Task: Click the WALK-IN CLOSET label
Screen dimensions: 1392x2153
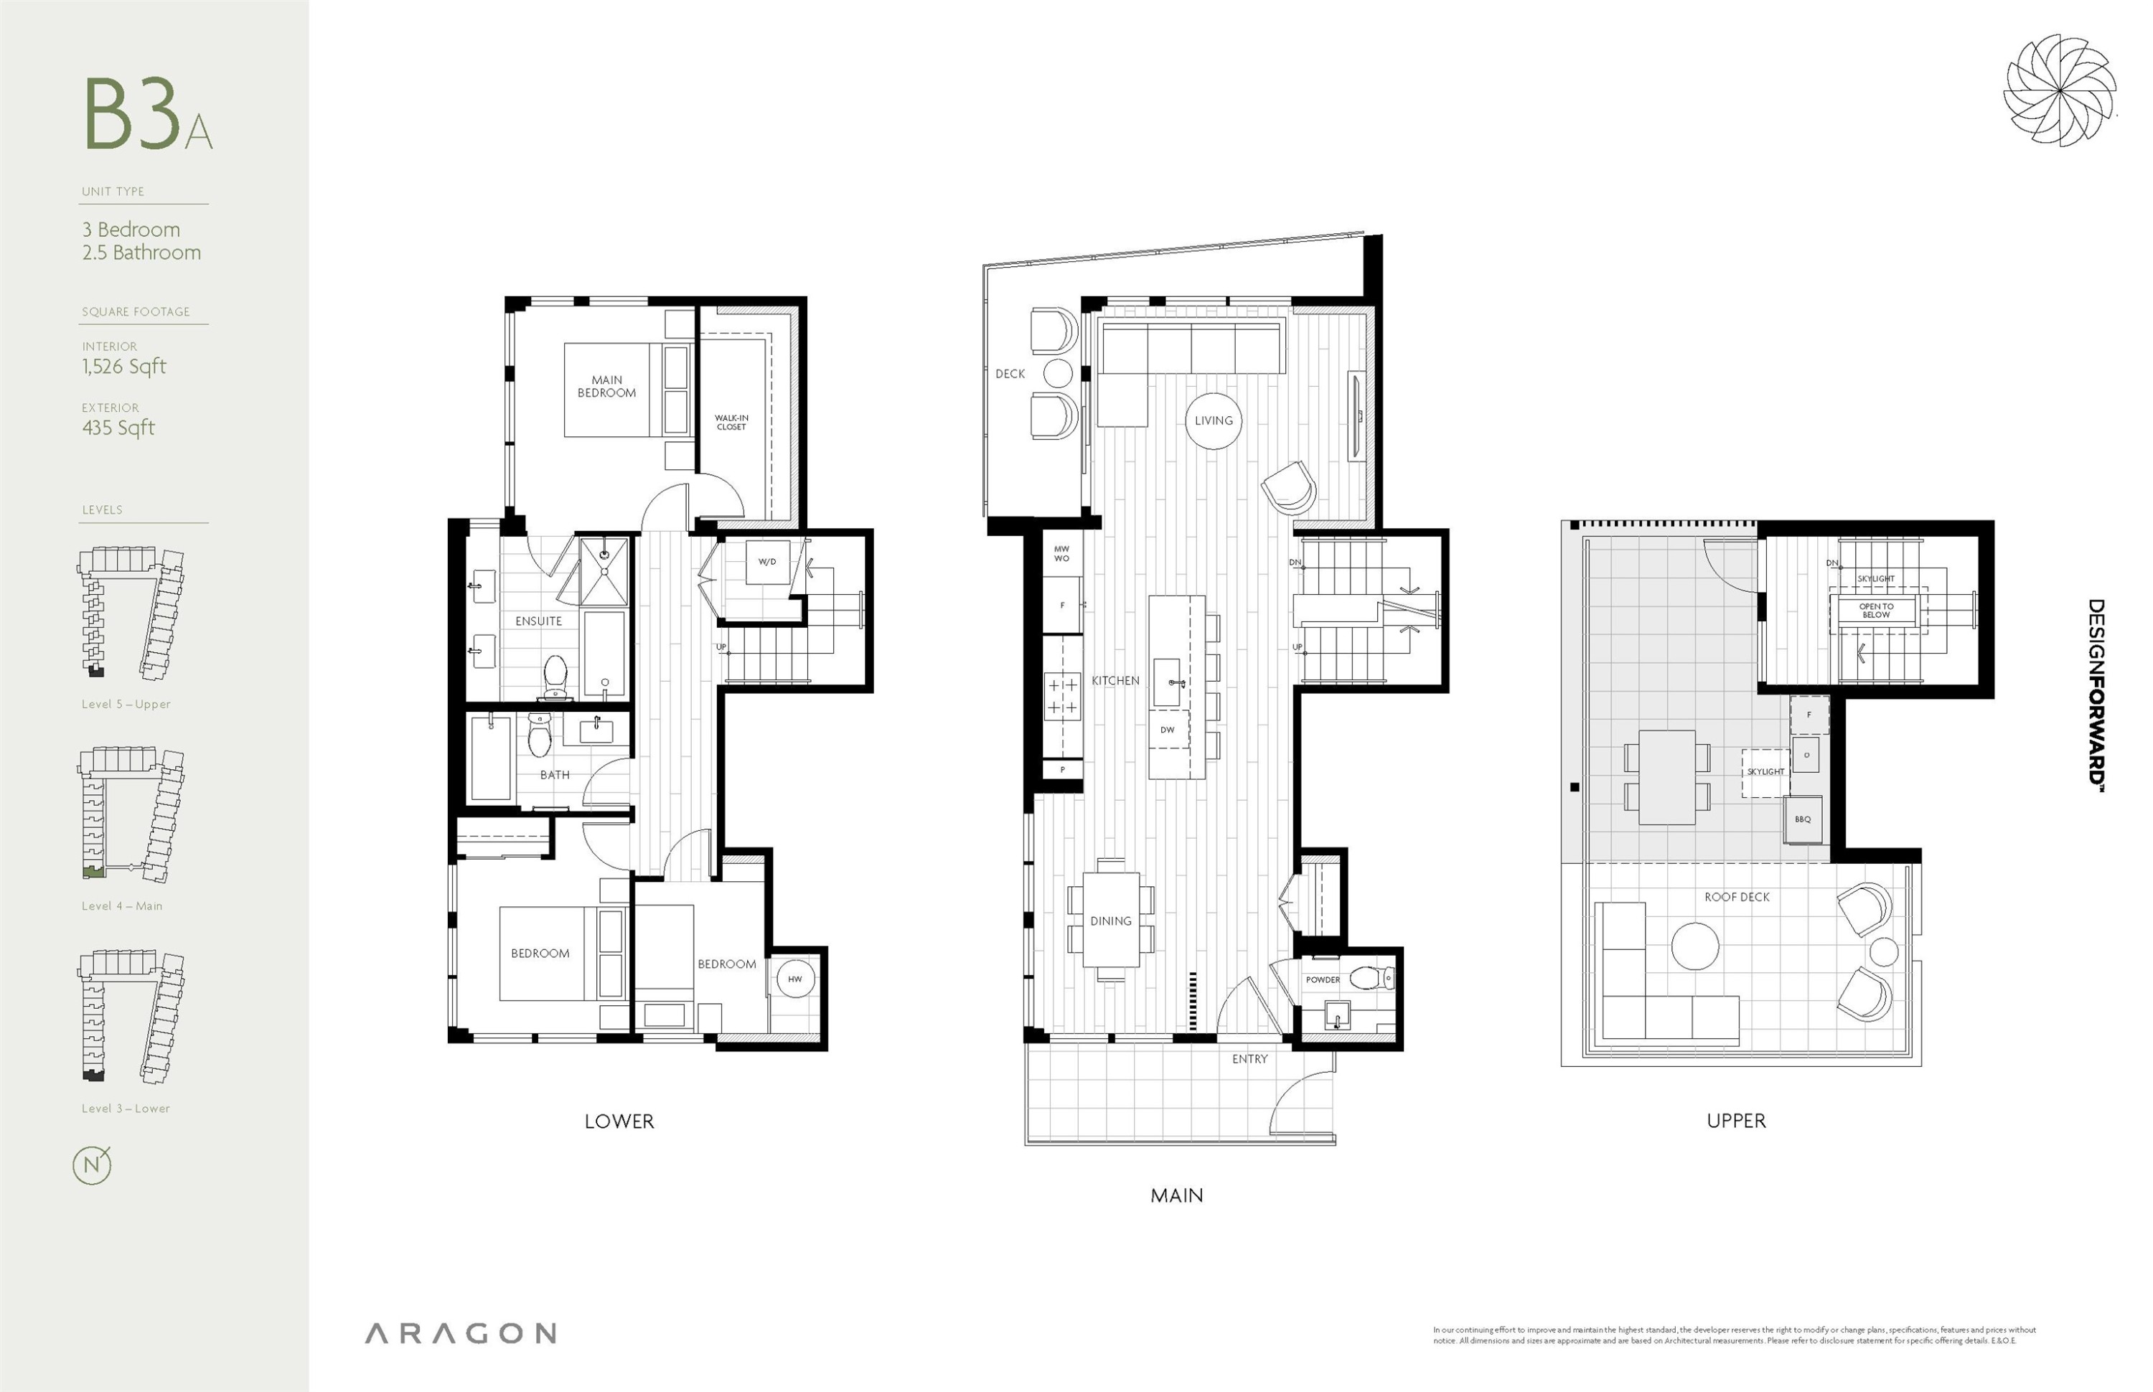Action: point(731,422)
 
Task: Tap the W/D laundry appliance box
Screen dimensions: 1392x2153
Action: point(766,563)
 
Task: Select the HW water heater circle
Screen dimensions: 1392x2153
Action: point(794,979)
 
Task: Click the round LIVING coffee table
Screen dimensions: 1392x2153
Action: point(1213,420)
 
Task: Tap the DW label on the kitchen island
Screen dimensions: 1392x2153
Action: point(1167,730)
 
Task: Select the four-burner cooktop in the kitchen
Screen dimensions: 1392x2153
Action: point(1062,697)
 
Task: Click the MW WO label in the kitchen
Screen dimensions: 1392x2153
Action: point(1061,553)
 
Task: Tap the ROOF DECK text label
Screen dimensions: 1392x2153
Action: point(1736,897)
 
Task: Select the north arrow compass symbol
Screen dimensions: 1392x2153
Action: point(92,1165)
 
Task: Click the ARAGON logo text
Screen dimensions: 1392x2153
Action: point(460,1333)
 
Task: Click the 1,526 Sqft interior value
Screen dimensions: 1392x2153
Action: point(124,366)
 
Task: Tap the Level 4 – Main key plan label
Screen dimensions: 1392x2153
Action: point(122,906)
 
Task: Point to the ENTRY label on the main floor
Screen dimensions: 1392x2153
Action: point(1249,1058)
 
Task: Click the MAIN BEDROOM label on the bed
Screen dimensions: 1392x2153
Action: point(606,387)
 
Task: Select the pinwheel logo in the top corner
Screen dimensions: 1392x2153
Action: point(2059,90)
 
